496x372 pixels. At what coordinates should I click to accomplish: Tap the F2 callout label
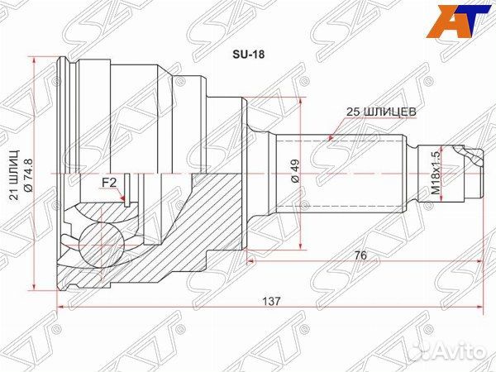[108, 181]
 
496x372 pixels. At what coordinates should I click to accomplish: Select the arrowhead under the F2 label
[122, 198]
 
